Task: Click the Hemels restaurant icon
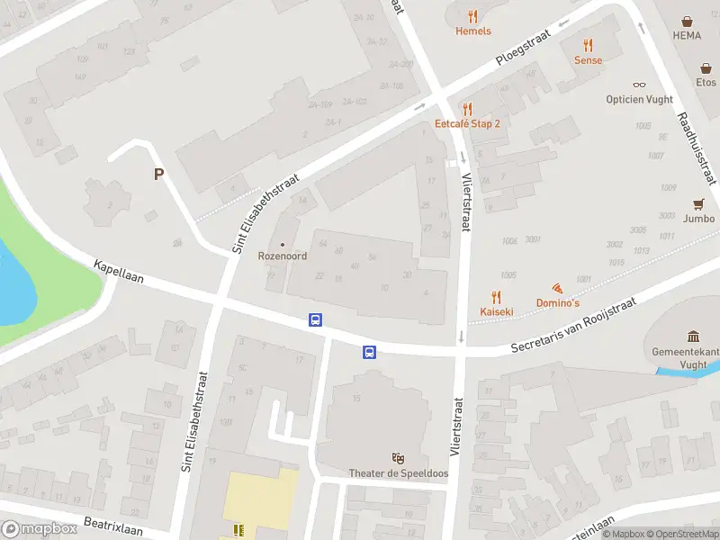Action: coord(473,16)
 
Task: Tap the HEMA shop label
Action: coord(687,35)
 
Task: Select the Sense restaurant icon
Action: coord(589,45)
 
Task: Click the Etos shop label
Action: coord(706,82)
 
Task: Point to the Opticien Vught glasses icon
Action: coord(639,85)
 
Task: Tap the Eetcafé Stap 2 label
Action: coord(467,123)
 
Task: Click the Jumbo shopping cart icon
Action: coord(698,204)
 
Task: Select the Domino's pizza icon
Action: coord(558,289)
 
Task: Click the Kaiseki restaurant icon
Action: coord(496,297)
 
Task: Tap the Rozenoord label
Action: coord(283,256)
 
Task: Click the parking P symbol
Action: coord(159,175)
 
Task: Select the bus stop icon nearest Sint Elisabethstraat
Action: coord(316,319)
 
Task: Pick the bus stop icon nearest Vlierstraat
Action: coord(369,352)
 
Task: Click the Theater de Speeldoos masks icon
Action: coord(398,459)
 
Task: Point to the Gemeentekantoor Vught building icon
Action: coord(694,336)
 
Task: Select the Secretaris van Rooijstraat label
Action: coord(573,325)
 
